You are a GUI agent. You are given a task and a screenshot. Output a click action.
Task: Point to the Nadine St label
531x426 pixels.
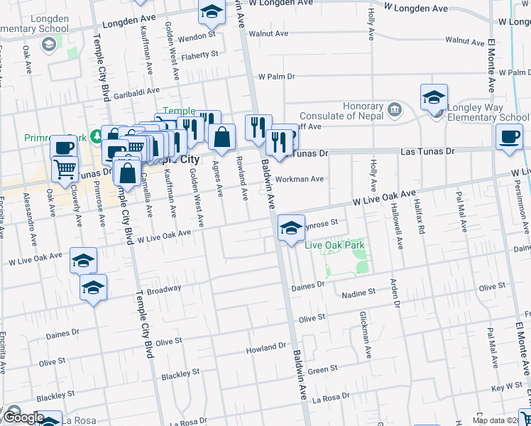pyautogui.click(x=358, y=293)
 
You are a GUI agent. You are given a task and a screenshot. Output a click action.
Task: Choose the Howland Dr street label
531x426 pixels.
pyautogui.click(x=265, y=349)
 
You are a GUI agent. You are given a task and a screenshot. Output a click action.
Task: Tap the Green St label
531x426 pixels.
pyautogui.click(x=322, y=370)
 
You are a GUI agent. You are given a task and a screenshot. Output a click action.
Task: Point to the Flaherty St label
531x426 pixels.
pyautogui.click(x=199, y=55)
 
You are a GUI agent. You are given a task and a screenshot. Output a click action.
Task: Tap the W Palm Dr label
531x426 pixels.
pyautogui.click(x=276, y=77)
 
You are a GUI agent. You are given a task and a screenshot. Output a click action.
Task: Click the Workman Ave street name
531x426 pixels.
pyautogui.click(x=300, y=179)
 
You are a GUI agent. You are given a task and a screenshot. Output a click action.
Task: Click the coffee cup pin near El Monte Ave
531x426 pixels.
pyautogui.click(x=508, y=136)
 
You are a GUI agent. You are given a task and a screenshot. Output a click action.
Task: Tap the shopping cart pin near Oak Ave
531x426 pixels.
pyautogui.click(x=65, y=169)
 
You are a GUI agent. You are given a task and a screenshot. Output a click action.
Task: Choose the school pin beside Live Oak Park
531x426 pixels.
pyautogui.click(x=290, y=228)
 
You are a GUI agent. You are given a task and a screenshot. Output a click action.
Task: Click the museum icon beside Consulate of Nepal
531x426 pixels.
pyautogui.click(x=394, y=111)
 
